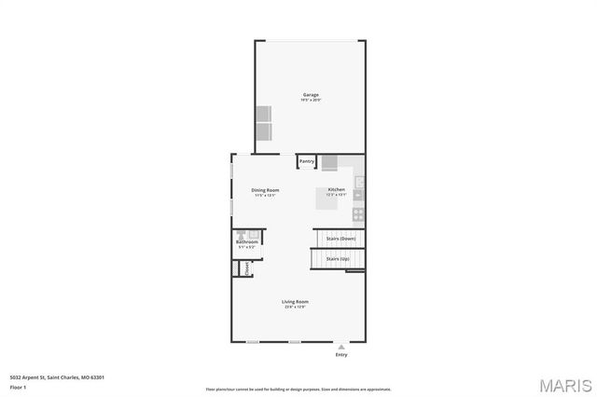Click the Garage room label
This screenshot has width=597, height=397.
click(311, 94)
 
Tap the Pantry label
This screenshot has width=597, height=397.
click(307, 161)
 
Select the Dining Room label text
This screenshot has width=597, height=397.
click(265, 190)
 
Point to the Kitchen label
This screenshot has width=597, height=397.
click(336, 190)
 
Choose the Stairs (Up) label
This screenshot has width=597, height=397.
click(337, 258)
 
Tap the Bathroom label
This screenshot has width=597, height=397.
click(246, 242)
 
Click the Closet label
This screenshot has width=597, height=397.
click(246, 268)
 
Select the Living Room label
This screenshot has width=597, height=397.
click(296, 301)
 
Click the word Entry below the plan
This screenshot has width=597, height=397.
click(340, 355)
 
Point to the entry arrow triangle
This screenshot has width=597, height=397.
click(340, 346)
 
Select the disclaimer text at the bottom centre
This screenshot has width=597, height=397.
click(298, 389)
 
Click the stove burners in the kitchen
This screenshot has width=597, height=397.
click(358, 213)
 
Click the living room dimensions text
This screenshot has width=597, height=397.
click(296, 307)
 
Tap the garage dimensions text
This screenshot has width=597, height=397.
click(311, 100)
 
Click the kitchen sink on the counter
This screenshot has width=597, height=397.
click(358, 195)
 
